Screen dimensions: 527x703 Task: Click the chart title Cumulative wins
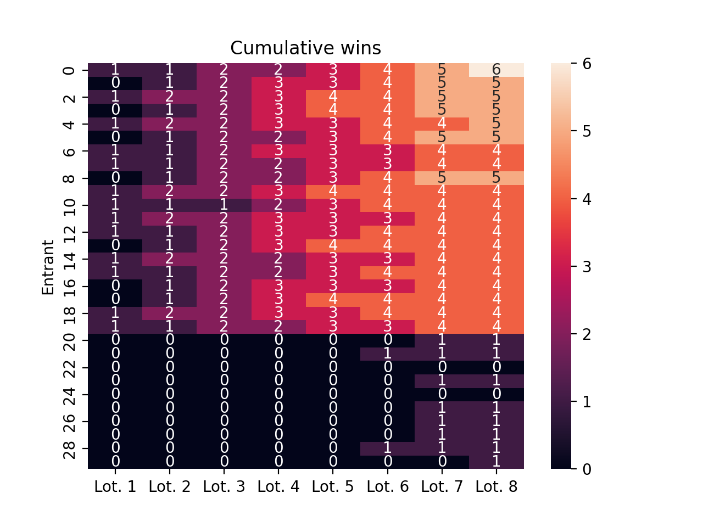305,48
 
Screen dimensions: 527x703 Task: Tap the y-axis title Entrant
48,267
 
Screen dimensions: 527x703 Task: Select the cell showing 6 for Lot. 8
496,70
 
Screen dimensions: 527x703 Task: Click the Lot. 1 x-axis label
115,486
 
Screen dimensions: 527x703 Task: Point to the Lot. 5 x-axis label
333,486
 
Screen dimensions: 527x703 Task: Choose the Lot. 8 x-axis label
496,486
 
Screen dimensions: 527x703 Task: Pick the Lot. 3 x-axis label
224,486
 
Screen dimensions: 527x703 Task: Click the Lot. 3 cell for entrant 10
224,205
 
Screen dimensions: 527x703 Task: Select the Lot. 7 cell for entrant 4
442,124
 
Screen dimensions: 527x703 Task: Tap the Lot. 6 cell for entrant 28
388,448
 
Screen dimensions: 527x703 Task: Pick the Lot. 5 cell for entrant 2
333,97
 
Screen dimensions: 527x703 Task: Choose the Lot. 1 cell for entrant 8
115,178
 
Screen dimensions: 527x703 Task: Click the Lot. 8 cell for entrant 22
496,367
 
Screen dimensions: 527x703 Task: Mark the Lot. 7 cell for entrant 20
442,340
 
